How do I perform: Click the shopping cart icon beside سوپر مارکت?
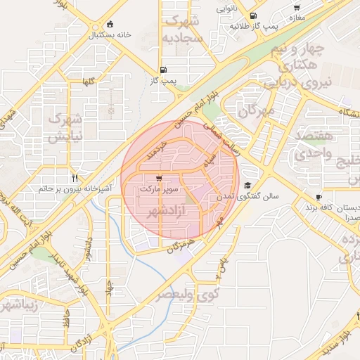[161, 179]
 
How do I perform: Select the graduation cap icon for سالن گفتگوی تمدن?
[247, 186]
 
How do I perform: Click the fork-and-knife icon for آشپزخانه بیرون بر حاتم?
[74, 178]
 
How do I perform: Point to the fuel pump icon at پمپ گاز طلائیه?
[253, 15]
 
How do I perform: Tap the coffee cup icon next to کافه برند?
[319, 198]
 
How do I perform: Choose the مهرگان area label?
[254, 110]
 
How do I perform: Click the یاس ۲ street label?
[222, 266]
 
